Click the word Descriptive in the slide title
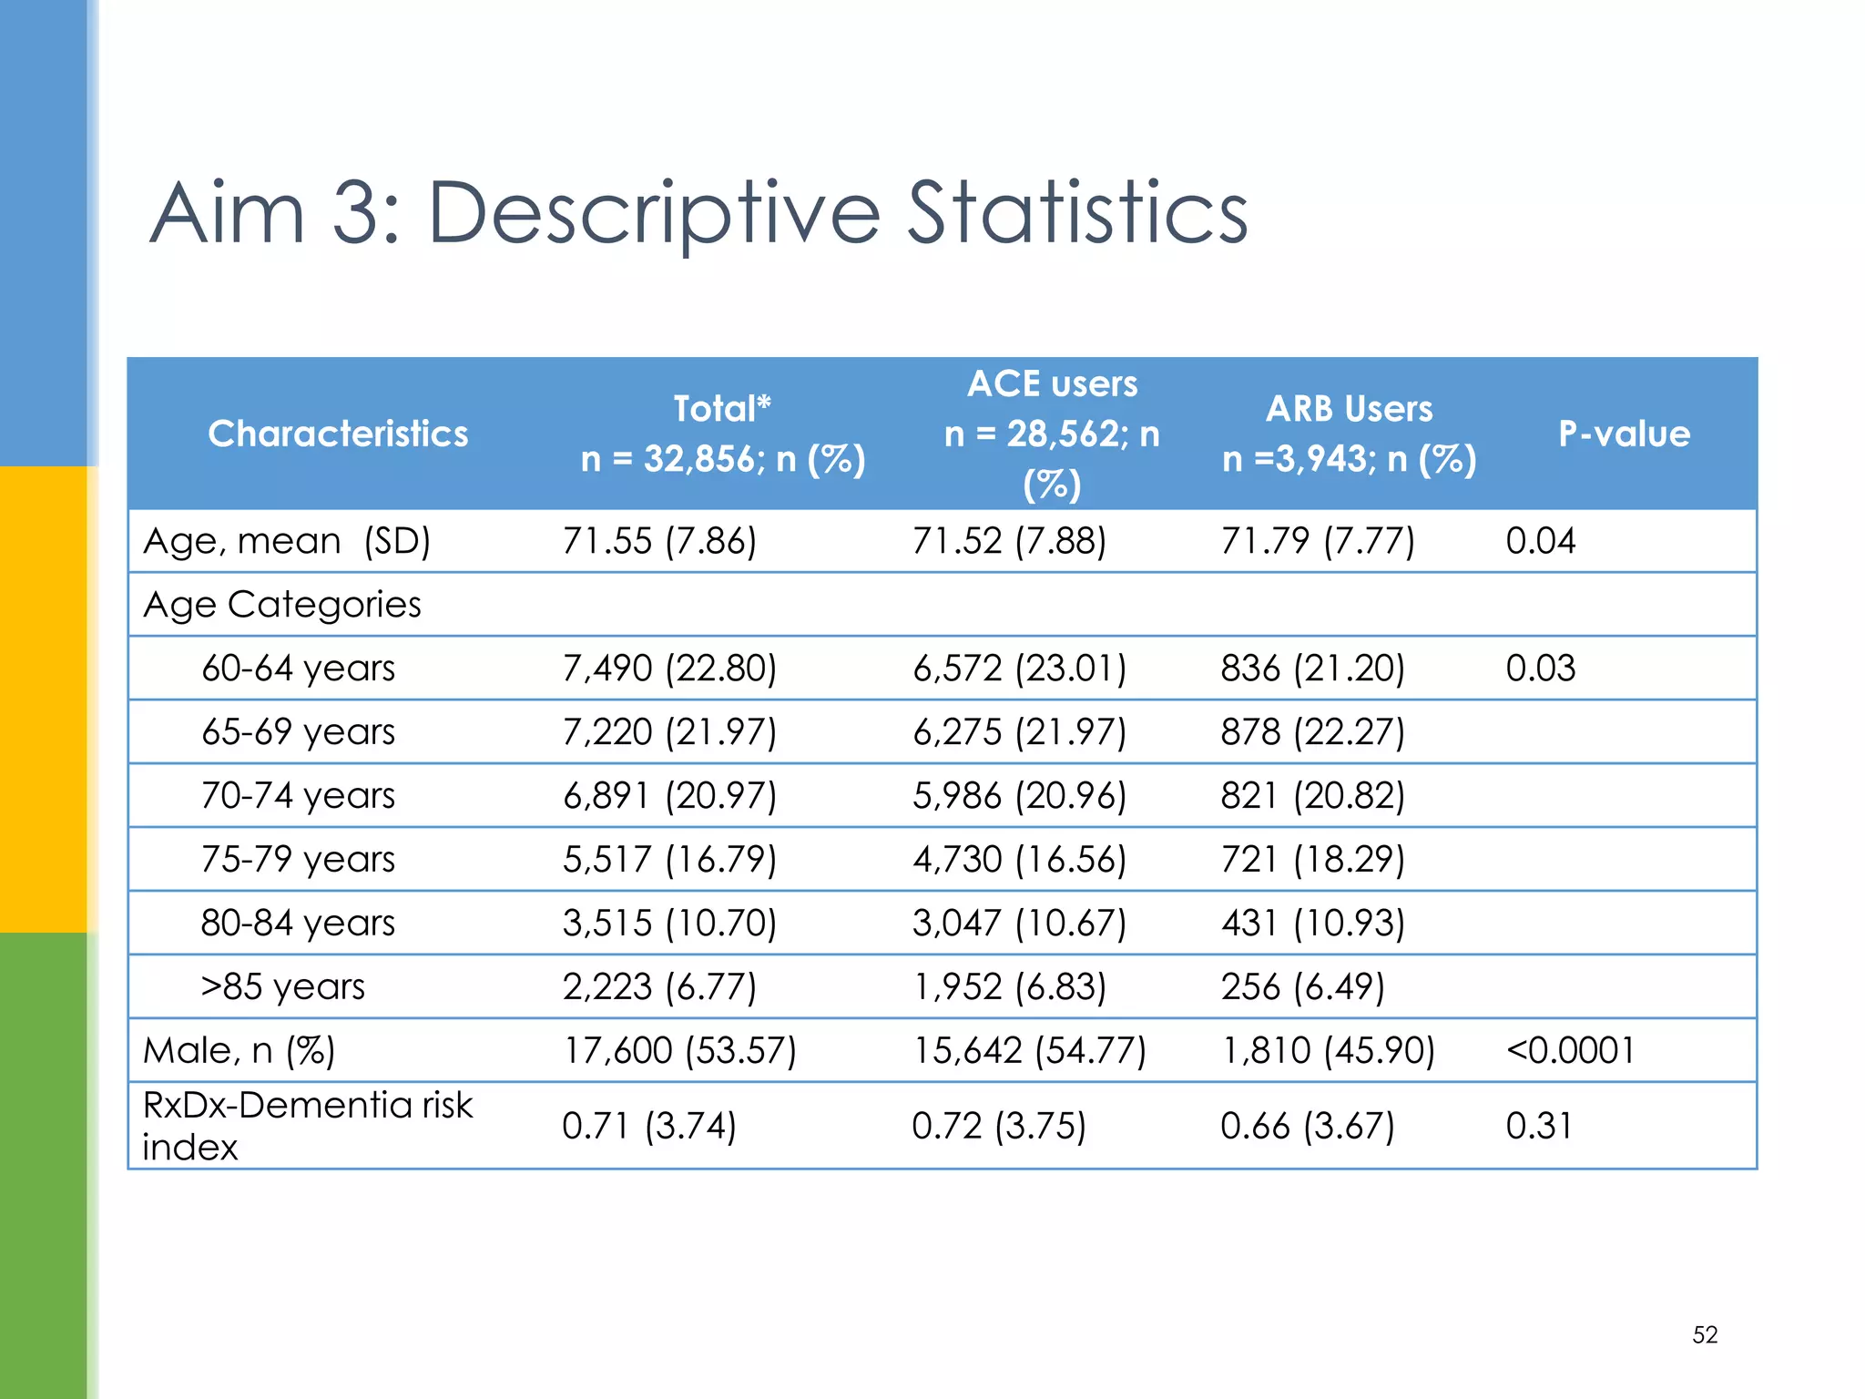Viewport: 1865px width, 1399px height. [x=654, y=215]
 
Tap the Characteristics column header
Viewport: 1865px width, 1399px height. [x=338, y=434]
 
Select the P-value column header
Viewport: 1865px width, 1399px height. [x=1624, y=434]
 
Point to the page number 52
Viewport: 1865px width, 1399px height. [x=1705, y=1334]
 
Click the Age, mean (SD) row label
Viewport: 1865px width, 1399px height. [x=287, y=541]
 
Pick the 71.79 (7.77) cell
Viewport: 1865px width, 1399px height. [x=1317, y=541]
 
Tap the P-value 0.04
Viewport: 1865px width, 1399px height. [x=1540, y=541]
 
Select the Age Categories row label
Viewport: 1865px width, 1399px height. [x=282, y=605]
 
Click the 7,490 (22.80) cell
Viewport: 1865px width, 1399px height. [x=669, y=669]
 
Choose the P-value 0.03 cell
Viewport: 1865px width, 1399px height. [x=1540, y=669]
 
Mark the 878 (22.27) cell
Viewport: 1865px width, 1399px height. [x=1312, y=732]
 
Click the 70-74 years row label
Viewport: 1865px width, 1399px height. [x=298, y=796]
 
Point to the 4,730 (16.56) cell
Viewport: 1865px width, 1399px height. [x=1019, y=860]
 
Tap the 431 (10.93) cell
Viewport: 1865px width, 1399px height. [x=1312, y=924]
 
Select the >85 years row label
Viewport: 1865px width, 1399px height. [x=282, y=987]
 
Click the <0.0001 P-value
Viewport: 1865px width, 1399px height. [x=1570, y=1051]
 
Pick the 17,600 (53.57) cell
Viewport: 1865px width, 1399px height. [x=679, y=1051]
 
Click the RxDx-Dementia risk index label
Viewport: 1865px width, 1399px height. [x=308, y=1126]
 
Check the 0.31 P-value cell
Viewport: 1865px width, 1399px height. [x=1538, y=1127]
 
